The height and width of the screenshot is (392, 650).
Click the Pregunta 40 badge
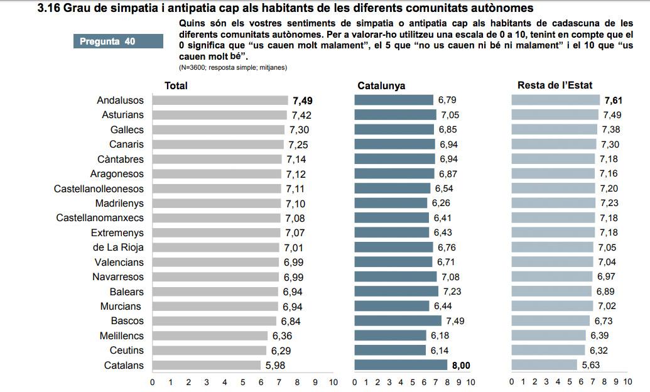tap(107, 41)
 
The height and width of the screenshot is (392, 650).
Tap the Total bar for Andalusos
tap(220, 101)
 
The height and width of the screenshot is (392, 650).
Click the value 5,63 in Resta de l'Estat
tap(591, 365)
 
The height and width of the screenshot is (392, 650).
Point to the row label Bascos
tap(127, 321)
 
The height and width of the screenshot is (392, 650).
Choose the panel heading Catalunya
tap(381, 85)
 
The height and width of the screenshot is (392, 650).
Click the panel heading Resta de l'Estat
tap(555, 85)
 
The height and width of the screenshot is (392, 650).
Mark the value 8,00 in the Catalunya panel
tap(460, 365)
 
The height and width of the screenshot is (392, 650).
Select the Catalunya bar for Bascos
tap(398, 321)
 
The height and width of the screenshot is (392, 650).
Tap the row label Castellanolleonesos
tap(99, 188)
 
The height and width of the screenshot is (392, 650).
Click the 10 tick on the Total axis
tap(333, 382)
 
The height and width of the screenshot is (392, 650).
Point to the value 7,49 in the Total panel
tap(302, 101)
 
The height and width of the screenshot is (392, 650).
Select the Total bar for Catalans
tap(206, 365)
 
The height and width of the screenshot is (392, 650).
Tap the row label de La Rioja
tap(118, 248)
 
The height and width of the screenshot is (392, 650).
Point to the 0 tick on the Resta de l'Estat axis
tap(512, 382)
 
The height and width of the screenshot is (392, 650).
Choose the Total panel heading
tap(176, 85)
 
